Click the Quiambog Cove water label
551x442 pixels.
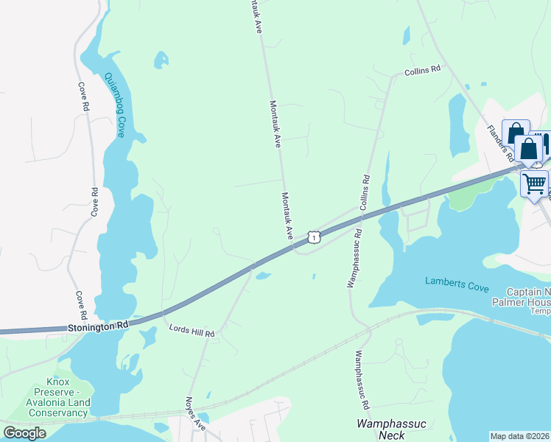[115, 105]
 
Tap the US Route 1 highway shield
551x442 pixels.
[315, 236]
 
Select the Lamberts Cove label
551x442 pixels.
[457, 282]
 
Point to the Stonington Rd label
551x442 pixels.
[98, 324]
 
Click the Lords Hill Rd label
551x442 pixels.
[192, 333]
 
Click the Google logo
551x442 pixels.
[25, 433]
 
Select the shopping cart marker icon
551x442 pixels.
[535, 183]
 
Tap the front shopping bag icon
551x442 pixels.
[529, 149]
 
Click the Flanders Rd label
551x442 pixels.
[500, 142]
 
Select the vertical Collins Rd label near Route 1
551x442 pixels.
[364, 192]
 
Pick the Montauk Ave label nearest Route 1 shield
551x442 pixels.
[287, 215]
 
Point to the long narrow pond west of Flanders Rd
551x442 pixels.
[457, 122]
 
